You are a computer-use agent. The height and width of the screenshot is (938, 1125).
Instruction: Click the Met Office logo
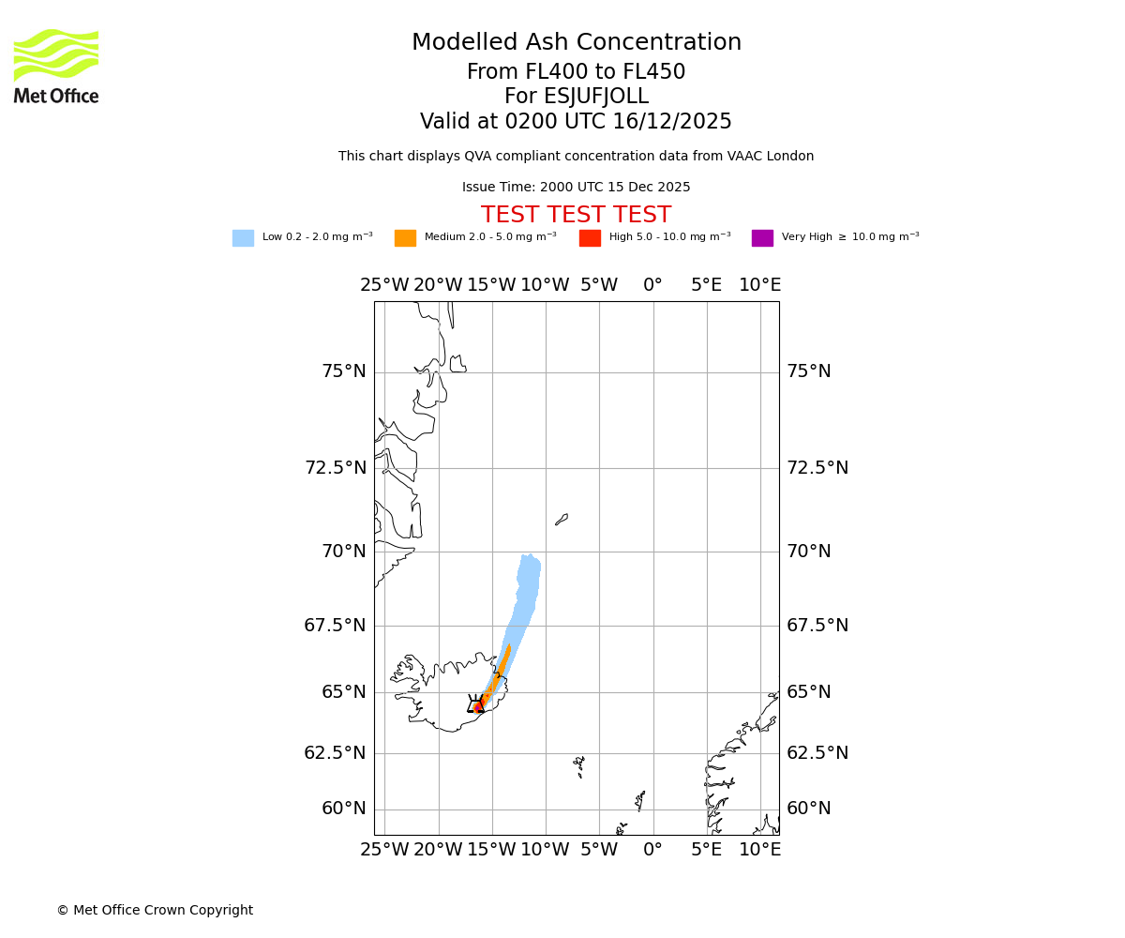pyautogui.click(x=56, y=66)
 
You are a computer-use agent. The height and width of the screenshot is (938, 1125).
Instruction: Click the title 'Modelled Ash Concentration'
pyautogui.click(x=577, y=43)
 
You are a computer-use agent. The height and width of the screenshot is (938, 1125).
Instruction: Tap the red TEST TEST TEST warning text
pyautogui.click(x=576, y=216)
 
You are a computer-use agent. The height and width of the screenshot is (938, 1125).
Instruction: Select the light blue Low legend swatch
pyautogui.click(x=243, y=238)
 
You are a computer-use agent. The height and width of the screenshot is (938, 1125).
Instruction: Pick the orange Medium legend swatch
pyautogui.click(x=405, y=238)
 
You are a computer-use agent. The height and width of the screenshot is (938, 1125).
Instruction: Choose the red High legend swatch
pyautogui.click(x=590, y=238)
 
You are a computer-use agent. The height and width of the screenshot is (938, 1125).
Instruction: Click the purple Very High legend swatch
pyautogui.click(x=762, y=238)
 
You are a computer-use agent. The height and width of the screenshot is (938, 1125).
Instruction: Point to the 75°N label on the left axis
pyautogui.click(x=344, y=372)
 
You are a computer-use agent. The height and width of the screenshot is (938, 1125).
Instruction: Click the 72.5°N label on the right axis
pyautogui.click(x=817, y=468)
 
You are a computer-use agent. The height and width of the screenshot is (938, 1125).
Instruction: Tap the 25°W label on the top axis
pyautogui.click(x=384, y=285)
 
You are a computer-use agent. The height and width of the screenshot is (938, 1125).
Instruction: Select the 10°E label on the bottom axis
pyautogui.click(x=760, y=850)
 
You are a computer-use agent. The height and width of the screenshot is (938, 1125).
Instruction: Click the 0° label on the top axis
pyautogui.click(x=652, y=285)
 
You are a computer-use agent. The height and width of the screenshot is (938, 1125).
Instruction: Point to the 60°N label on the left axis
pyautogui.click(x=344, y=809)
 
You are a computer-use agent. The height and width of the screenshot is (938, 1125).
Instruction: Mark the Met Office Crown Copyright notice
pyautogui.click(x=155, y=911)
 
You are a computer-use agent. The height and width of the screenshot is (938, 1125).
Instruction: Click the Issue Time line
pyautogui.click(x=576, y=188)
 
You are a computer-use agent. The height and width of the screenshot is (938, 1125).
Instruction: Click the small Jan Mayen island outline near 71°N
pyautogui.click(x=562, y=519)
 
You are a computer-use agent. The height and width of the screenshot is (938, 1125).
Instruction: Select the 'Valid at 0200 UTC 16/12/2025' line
pyautogui.click(x=576, y=122)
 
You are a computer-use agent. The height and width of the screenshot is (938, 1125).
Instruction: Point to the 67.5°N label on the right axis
pyautogui.click(x=817, y=626)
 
